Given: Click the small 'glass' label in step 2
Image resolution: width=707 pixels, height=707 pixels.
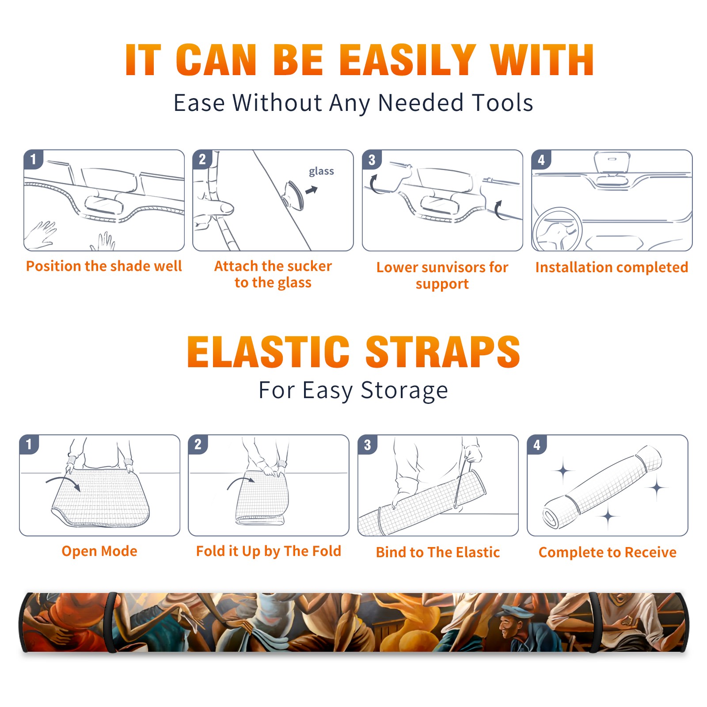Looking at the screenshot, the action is [x=321, y=171].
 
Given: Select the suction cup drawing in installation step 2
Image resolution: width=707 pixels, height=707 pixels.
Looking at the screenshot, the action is [x=293, y=195].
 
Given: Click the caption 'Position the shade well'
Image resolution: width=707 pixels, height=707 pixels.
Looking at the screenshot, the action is [x=104, y=266].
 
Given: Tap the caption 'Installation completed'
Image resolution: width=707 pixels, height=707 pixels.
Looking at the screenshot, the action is [x=612, y=267].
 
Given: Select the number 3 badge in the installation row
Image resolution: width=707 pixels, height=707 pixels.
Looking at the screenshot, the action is [x=372, y=160].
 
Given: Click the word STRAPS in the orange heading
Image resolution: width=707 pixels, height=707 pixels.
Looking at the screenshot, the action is [x=443, y=352].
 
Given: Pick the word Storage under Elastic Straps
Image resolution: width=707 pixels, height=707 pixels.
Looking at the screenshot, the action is [x=404, y=391].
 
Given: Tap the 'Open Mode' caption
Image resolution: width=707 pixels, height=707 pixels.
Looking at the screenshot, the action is [x=99, y=551].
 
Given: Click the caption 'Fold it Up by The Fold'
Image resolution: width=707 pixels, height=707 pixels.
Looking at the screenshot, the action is [x=269, y=551].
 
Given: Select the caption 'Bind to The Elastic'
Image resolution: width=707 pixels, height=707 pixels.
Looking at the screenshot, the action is [x=438, y=552].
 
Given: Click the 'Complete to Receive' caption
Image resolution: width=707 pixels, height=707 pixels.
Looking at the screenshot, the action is [x=608, y=552].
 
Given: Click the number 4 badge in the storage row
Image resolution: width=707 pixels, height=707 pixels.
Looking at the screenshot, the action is [x=537, y=445].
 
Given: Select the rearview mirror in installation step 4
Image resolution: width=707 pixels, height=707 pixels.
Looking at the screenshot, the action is [x=612, y=162].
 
